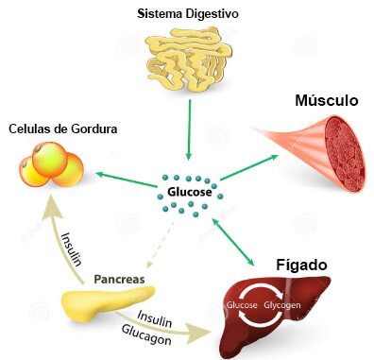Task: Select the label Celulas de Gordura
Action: [62, 129]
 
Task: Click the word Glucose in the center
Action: [190, 193]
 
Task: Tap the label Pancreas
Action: [118, 280]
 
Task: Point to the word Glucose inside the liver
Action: [245, 305]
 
